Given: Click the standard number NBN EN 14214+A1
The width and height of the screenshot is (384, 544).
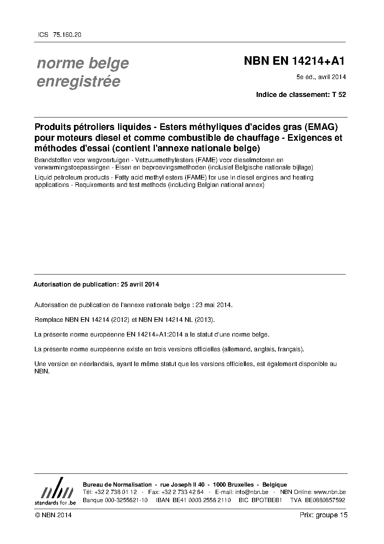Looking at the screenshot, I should (294, 61).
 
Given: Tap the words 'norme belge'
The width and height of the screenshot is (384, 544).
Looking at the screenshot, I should (83, 63).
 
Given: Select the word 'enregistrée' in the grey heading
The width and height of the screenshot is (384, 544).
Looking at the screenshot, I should (78, 81).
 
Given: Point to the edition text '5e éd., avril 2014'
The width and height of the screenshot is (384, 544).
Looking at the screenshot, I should (321, 77).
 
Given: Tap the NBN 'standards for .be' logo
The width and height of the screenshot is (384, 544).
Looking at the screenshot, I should (55, 492).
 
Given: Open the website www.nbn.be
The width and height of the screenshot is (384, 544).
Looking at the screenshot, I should (329, 492).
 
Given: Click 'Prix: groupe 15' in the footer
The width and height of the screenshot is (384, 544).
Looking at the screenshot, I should (323, 515).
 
